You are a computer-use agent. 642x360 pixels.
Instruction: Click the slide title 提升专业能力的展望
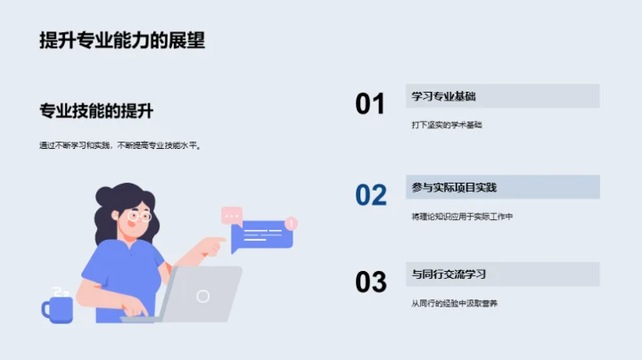122,41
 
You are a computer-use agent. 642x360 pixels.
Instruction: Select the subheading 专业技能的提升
96,111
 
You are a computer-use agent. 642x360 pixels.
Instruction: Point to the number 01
370,104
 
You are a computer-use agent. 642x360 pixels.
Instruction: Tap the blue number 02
371,195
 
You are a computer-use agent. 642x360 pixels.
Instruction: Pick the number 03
371,282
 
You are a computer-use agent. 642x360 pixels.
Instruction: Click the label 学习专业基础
443,96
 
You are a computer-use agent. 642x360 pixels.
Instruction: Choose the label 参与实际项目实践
454,187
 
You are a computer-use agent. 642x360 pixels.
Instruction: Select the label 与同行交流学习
449,274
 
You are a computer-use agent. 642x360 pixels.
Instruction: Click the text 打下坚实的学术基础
447,126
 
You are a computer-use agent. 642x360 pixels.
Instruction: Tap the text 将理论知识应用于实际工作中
462,217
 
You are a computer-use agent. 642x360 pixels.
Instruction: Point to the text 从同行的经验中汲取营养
454,304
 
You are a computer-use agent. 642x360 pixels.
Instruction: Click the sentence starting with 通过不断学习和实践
120,145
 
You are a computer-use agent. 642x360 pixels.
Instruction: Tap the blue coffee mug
57,307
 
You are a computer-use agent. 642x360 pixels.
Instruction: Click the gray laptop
202,294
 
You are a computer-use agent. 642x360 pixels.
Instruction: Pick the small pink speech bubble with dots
232,215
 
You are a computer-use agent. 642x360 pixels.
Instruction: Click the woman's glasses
140,215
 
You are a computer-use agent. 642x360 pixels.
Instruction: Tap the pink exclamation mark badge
291,223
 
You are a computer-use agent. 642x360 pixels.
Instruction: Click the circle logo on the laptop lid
203,296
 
